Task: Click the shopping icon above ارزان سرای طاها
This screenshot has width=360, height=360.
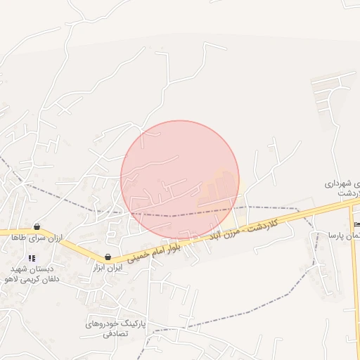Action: (x=37, y=227)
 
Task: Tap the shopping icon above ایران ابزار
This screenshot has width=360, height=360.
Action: (x=108, y=257)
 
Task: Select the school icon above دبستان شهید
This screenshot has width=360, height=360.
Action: (x=31, y=258)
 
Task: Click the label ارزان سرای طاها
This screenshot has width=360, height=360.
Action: (x=36, y=238)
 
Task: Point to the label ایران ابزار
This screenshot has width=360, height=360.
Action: (x=108, y=268)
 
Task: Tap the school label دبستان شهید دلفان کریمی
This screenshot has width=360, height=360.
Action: (x=29, y=274)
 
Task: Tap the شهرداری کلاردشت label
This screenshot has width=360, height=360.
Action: (x=343, y=188)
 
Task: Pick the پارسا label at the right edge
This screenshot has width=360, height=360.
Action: (x=344, y=236)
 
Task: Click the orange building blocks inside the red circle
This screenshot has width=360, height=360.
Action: (x=219, y=188)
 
